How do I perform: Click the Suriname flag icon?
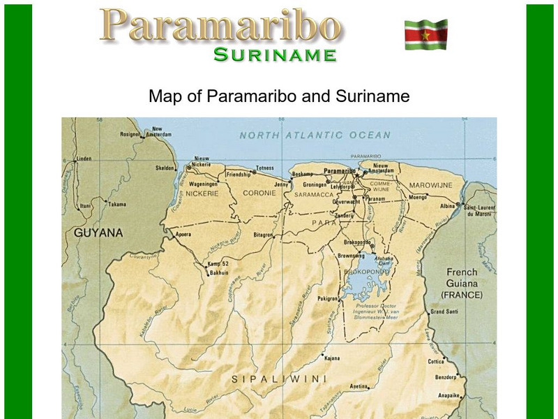[x=425, y=34]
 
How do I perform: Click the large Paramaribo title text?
[x=221, y=25]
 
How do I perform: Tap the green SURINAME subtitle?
[x=275, y=54]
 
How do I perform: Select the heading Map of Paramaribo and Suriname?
[x=279, y=96]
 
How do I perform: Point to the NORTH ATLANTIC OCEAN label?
[x=315, y=135]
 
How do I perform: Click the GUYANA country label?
[x=98, y=233]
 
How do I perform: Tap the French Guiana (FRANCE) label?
[x=462, y=284]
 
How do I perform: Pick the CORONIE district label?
[x=259, y=193]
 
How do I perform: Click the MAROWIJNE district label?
[x=430, y=185]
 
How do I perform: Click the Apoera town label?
[x=183, y=235]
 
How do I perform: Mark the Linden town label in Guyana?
[x=84, y=159]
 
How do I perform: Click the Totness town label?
[x=265, y=168]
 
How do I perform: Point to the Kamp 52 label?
[x=218, y=264]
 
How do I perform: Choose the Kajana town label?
[x=332, y=358]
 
